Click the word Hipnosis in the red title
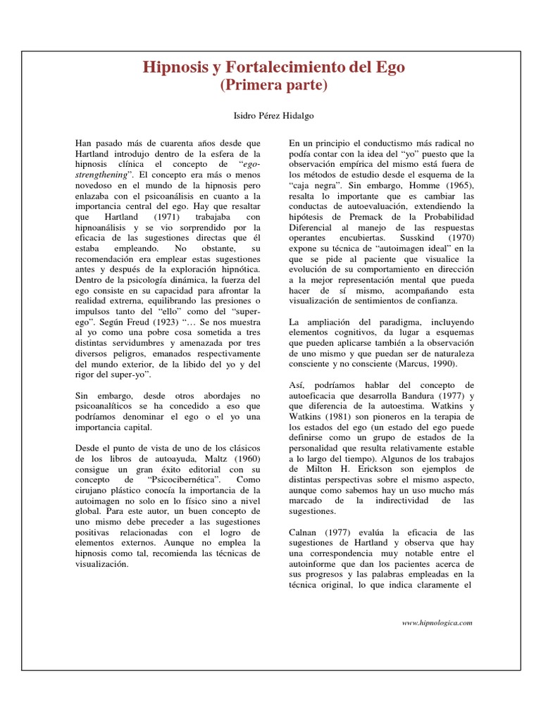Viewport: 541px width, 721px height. coord(173,68)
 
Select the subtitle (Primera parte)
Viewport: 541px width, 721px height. coord(274,86)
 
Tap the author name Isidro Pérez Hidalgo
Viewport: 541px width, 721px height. coord(274,114)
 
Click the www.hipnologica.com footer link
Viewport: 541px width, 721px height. coord(437,622)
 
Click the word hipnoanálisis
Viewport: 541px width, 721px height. coord(105,228)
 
